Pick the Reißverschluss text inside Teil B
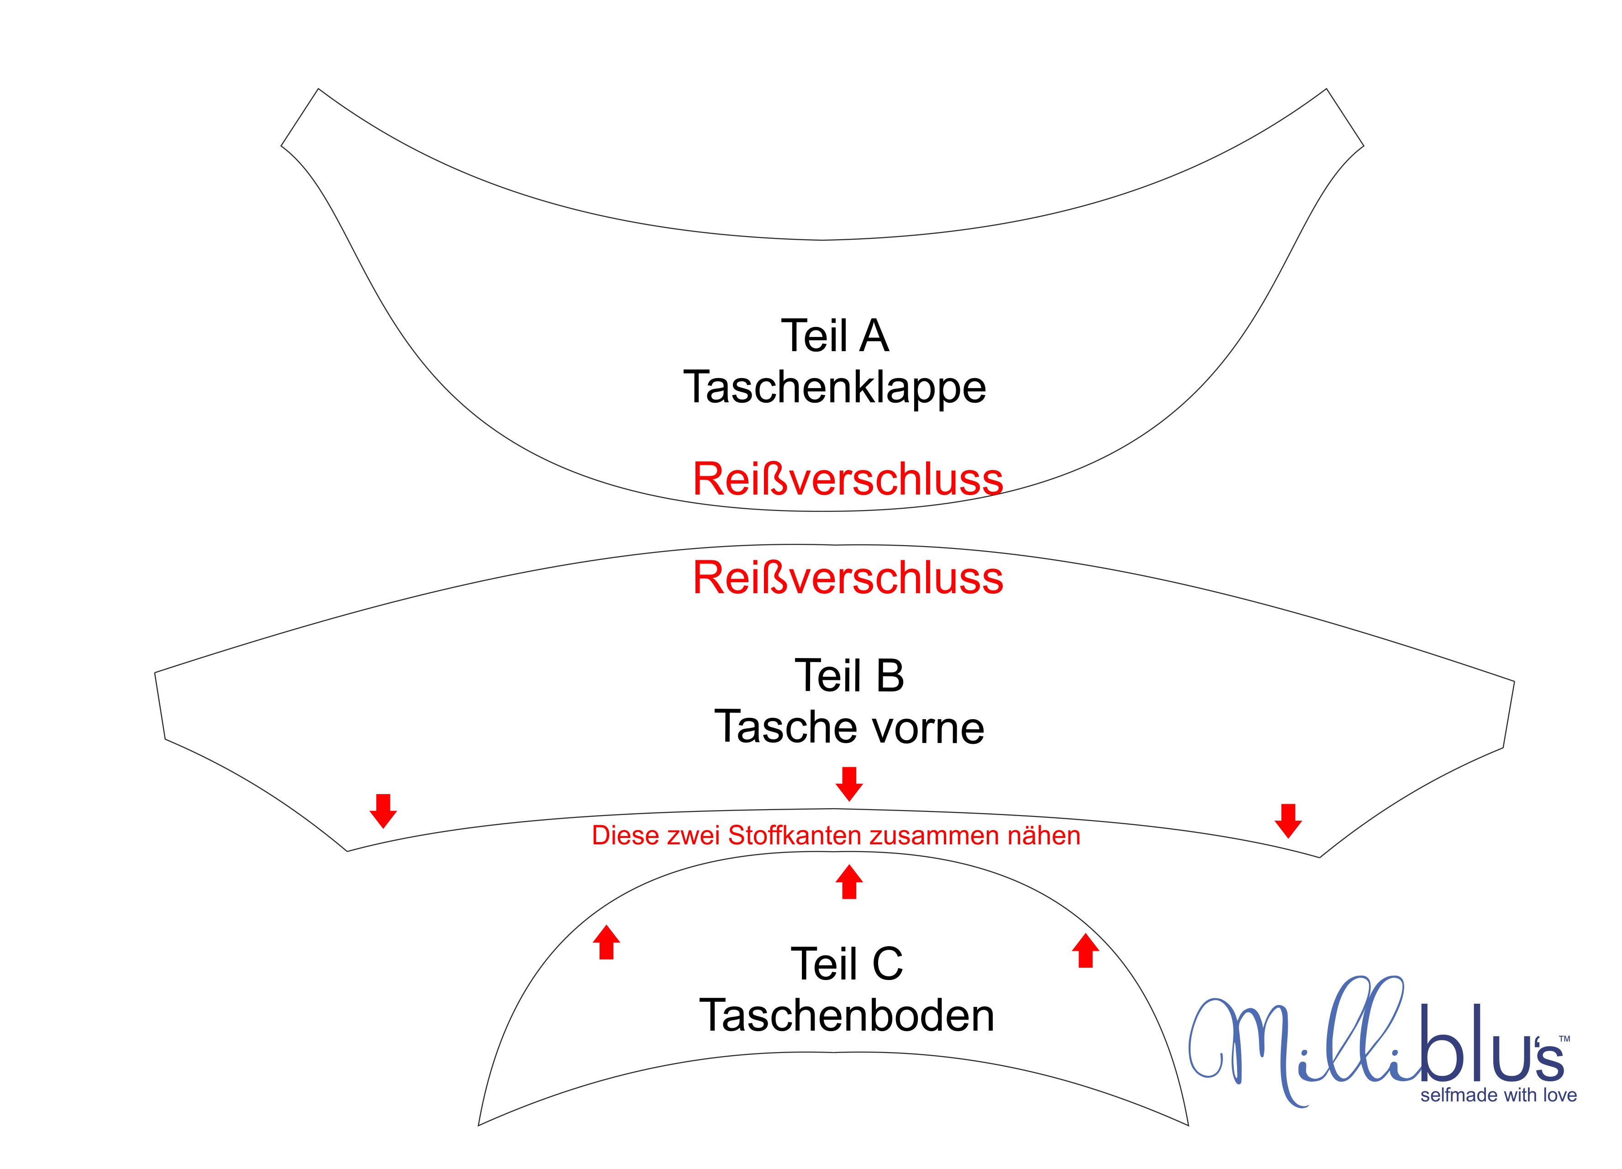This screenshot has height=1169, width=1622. (x=848, y=577)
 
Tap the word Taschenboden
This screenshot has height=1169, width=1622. (x=847, y=1015)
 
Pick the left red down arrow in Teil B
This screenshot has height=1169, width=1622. (x=383, y=811)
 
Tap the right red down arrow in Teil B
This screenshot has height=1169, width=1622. (x=1288, y=821)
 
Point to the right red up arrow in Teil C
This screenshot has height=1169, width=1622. (x=1085, y=950)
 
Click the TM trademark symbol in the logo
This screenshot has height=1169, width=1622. (x=1564, y=1038)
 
